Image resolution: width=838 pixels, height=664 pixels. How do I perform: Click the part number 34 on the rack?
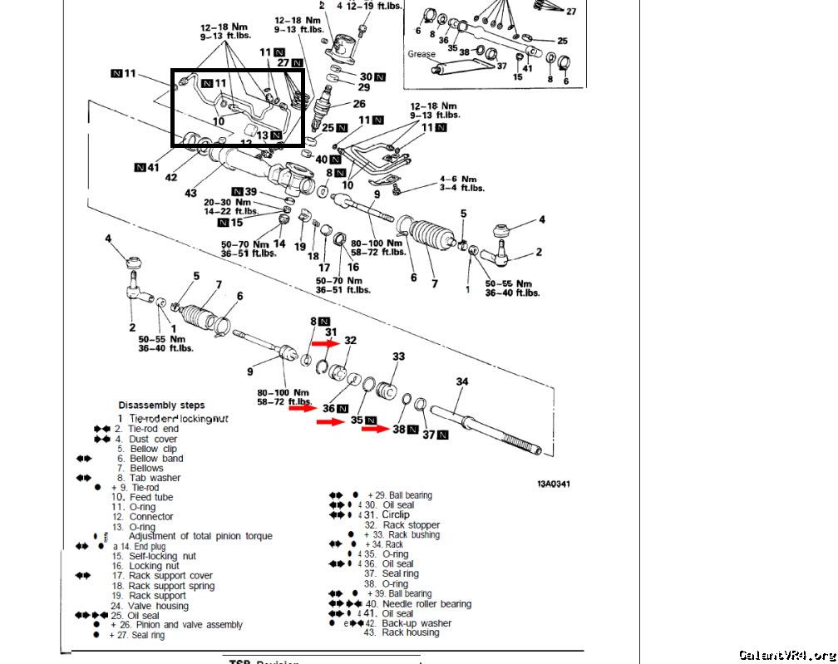point(462,381)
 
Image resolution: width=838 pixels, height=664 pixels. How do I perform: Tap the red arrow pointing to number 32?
point(326,342)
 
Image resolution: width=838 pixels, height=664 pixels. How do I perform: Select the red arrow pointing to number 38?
point(375,429)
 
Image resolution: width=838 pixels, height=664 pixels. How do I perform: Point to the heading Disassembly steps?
point(161,406)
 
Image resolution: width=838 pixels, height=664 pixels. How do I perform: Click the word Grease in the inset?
point(421,54)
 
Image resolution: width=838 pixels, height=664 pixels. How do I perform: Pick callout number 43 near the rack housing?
point(191,193)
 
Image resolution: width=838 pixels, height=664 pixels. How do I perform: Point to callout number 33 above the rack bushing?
point(398,357)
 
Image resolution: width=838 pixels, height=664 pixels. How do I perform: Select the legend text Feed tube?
point(151,497)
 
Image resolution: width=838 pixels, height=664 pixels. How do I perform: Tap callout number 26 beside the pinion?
point(358,104)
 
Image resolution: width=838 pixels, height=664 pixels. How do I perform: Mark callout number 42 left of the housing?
point(171,177)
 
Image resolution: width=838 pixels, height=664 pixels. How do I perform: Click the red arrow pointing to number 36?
point(303,408)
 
